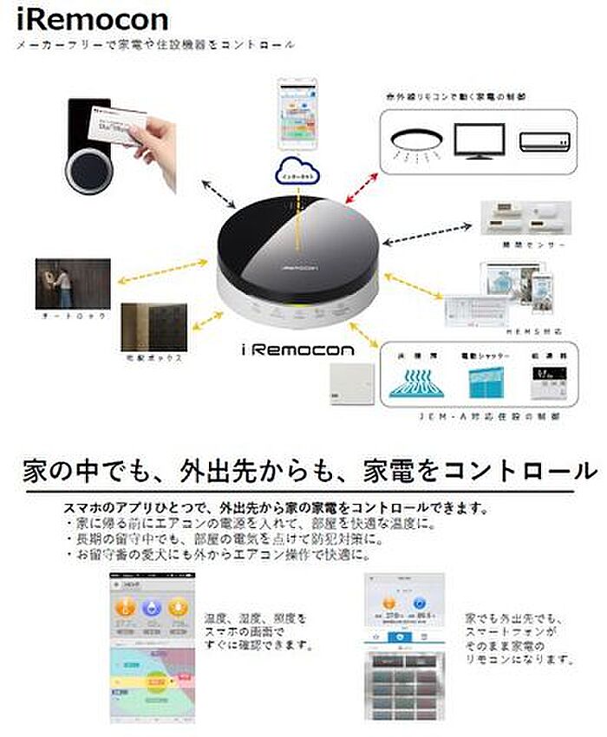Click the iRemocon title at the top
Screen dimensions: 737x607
click(81, 19)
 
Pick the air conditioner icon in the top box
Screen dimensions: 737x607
click(544, 140)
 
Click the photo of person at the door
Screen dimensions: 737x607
click(72, 284)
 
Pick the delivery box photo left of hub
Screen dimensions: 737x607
click(154, 327)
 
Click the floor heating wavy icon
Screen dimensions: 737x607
click(418, 382)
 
